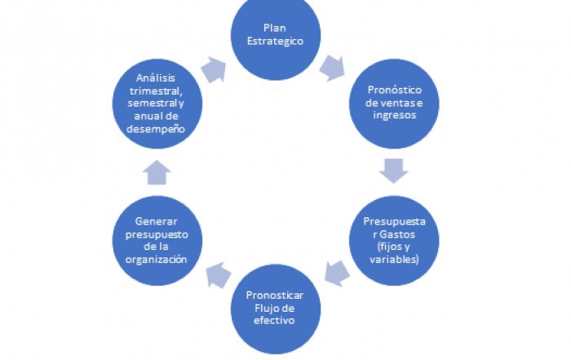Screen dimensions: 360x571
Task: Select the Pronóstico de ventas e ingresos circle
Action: (x=394, y=102)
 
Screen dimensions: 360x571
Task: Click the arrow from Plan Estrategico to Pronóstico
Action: (x=333, y=66)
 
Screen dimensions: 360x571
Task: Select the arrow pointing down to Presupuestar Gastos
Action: (x=394, y=171)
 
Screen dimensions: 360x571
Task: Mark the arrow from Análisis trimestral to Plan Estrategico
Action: (x=215, y=68)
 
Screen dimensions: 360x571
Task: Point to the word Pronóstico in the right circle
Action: (x=394, y=89)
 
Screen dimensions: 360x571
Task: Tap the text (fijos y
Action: (x=394, y=246)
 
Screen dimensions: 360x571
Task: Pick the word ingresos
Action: (x=394, y=115)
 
